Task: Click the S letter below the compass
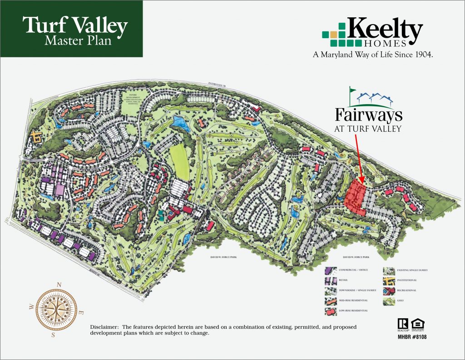[x=53, y=335]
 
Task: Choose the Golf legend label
[x=401, y=300]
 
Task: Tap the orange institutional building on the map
[x=36, y=135]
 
